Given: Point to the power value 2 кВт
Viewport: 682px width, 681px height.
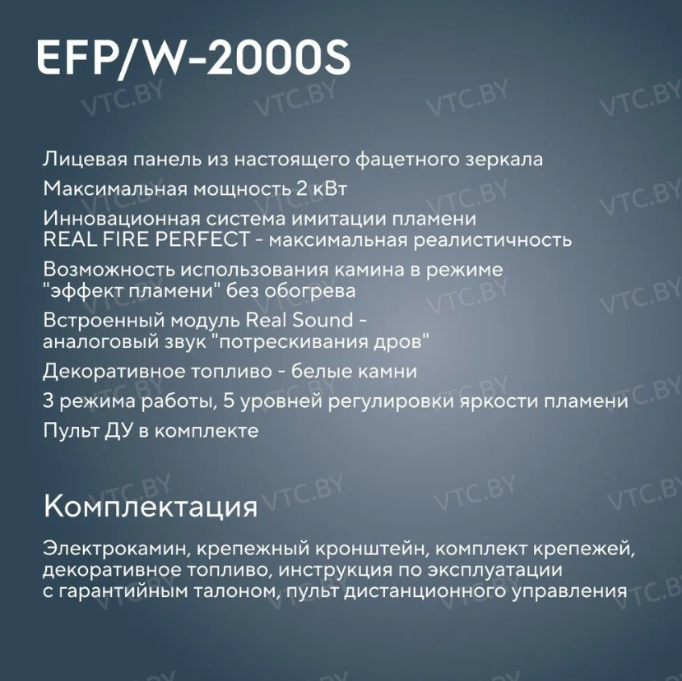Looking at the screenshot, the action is (x=322, y=189).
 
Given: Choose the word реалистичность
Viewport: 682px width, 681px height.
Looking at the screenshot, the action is (x=492, y=241).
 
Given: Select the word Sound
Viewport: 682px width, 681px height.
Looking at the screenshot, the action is (x=322, y=321).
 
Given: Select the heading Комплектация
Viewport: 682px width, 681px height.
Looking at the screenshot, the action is (x=150, y=507).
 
